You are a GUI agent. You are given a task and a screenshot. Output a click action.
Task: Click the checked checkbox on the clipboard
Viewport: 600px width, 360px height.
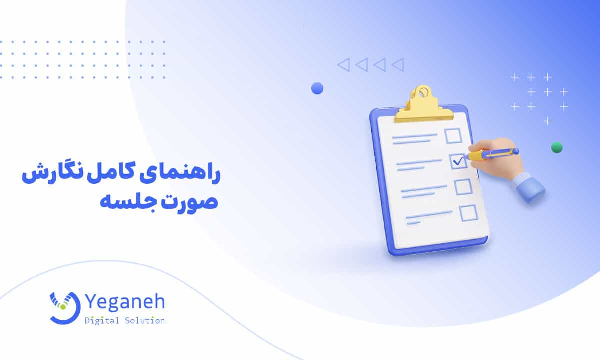coord(458,161)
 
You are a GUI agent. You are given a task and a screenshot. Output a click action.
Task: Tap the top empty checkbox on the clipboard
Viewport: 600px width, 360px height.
coord(453,136)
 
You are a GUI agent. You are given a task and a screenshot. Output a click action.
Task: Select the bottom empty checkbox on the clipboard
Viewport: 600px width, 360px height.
coord(468,213)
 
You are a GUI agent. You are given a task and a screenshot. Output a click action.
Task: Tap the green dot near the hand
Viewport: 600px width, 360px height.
coord(556,147)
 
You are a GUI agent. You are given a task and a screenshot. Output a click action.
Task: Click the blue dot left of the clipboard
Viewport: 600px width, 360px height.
coord(317,88)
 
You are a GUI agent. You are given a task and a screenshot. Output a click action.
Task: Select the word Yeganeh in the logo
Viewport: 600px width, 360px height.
coord(125,303)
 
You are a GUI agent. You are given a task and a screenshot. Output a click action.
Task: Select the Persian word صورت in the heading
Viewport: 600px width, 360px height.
coord(187,203)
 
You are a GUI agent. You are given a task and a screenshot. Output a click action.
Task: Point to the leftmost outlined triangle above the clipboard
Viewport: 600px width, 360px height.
coord(343,64)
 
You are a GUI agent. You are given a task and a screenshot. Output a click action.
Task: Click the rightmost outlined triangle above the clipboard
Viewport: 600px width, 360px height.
coord(397,64)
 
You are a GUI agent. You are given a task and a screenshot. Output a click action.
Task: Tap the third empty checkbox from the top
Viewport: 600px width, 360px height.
coord(463,187)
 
